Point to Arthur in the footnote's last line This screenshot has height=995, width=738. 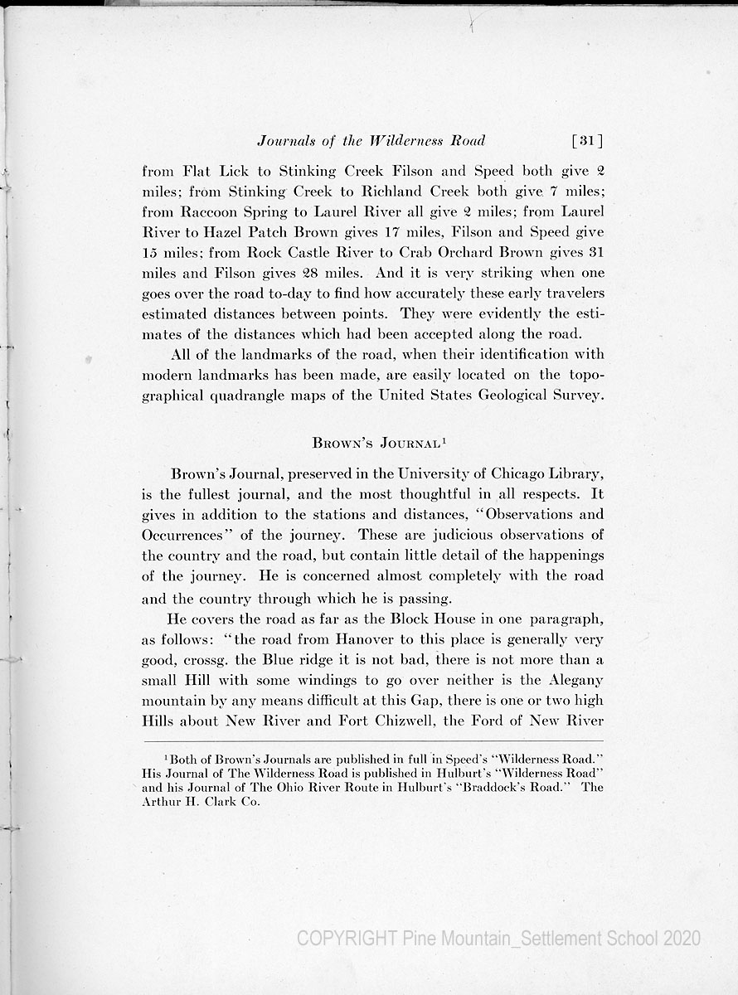(x=163, y=802)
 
